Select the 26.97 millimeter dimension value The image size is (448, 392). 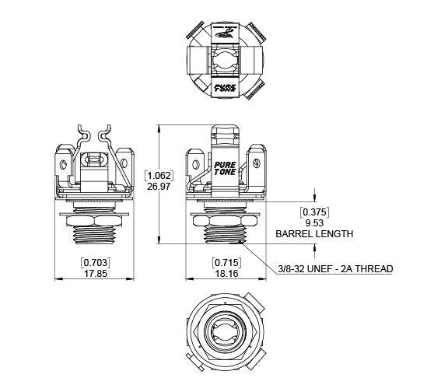click(x=159, y=187)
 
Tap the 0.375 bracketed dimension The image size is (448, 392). click(x=314, y=212)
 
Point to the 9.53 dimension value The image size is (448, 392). click(x=314, y=222)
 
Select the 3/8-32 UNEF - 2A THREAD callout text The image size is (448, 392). click(x=335, y=269)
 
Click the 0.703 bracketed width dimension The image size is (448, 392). click(x=94, y=262)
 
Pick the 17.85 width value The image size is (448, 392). click(x=94, y=274)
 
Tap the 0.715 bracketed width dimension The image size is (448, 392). click(x=226, y=262)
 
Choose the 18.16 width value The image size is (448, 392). click(x=226, y=274)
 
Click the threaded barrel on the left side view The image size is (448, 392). click(x=94, y=233)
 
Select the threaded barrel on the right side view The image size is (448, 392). click(x=225, y=234)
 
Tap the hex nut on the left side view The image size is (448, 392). click(x=94, y=221)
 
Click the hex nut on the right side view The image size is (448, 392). click(x=225, y=222)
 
